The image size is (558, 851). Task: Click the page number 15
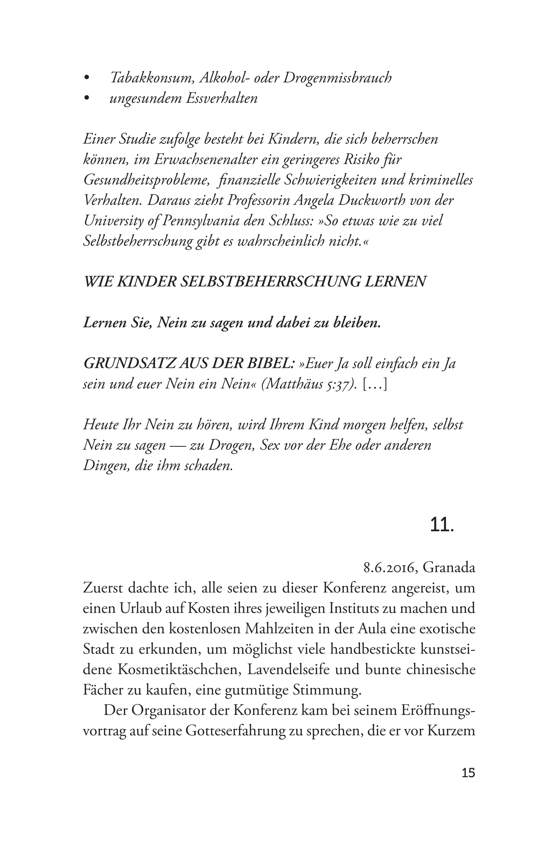pos(468,773)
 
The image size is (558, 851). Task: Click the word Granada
pos(449,568)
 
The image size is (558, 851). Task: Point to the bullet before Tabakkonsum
pos(86,78)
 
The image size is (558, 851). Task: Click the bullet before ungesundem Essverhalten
pos(86,98)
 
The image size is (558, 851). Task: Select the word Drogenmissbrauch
pos(337,78)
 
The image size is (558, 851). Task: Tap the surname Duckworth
pos(377,200)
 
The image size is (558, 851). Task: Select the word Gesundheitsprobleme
pos(146,180)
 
